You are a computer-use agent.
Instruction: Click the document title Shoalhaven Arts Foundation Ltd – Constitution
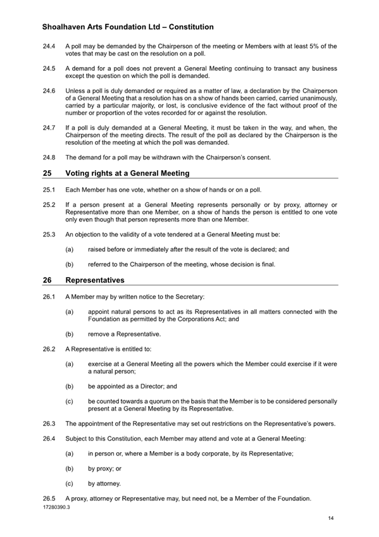pos(127,27)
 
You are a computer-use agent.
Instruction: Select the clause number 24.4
pos(49,47)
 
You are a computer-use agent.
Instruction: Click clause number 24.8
pos(49,157)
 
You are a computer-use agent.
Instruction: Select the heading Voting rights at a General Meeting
pos(127,173)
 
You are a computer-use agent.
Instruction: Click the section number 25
pos(47,173)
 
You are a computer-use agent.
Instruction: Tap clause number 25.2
pos(49,205)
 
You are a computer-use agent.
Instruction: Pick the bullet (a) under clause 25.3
pos(70,250)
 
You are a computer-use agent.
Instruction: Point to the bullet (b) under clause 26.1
pos(70,334)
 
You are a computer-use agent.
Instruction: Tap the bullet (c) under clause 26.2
pos(70,401)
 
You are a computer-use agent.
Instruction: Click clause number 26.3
pos(49,423)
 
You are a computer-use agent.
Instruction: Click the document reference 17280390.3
pos(56,507)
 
